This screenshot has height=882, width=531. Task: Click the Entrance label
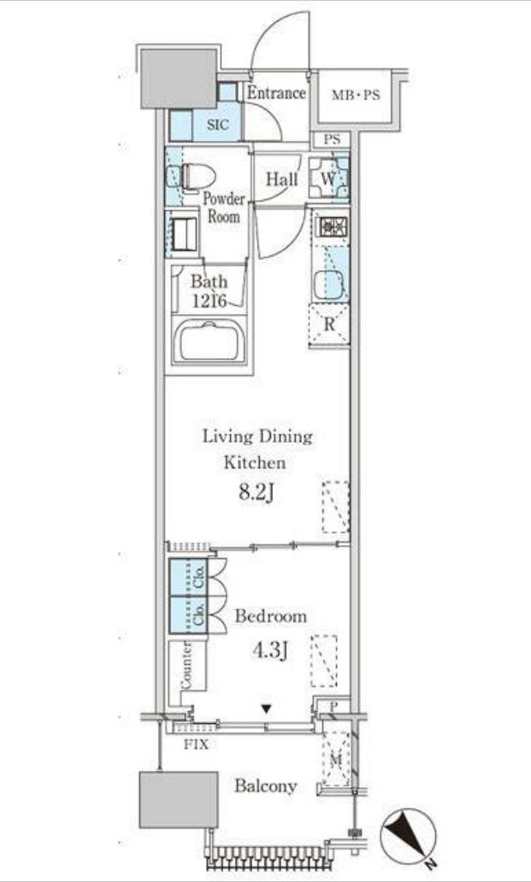point(276,93)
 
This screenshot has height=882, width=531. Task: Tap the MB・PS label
point(356,95)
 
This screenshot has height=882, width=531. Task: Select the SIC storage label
point(218,125)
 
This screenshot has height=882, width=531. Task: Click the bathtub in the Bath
point(209,339)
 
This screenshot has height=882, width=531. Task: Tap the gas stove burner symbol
point(333,227)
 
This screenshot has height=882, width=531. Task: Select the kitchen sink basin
point(328,285)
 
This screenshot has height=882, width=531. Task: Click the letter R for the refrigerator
point(329,325)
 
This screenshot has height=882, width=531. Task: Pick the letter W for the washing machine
point(328,179)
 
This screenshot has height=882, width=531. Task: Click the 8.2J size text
point(257,492)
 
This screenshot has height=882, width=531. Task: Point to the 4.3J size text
point(270,650)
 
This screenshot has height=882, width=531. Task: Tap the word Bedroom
point(271,616)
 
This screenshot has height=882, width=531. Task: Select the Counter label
point(186,664)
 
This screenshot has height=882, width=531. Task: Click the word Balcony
point(266,785)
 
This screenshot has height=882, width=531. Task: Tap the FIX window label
point(197,744)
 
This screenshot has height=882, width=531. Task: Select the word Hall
point(282,179)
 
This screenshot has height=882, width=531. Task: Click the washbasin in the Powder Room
point(184,234)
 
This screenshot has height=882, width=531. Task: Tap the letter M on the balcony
point(336,761)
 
